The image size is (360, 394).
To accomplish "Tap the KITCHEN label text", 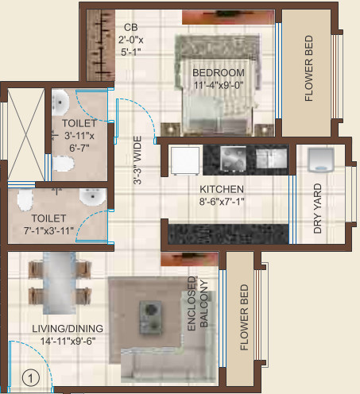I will point(222,189).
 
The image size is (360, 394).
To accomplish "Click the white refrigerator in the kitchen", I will point(184,161).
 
